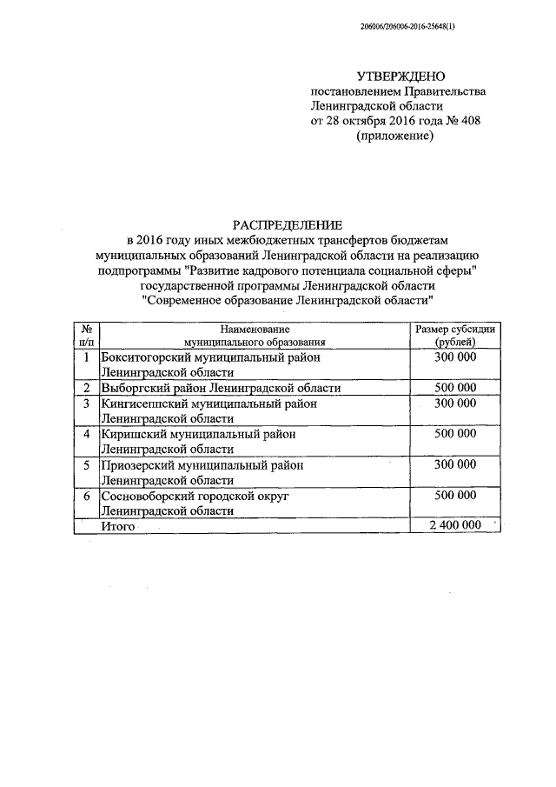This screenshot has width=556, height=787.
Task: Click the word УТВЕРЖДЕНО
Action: coord(394,77)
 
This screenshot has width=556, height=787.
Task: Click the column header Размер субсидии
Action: coord(455,330)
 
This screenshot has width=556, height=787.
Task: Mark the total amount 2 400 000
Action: coord(455,526)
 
